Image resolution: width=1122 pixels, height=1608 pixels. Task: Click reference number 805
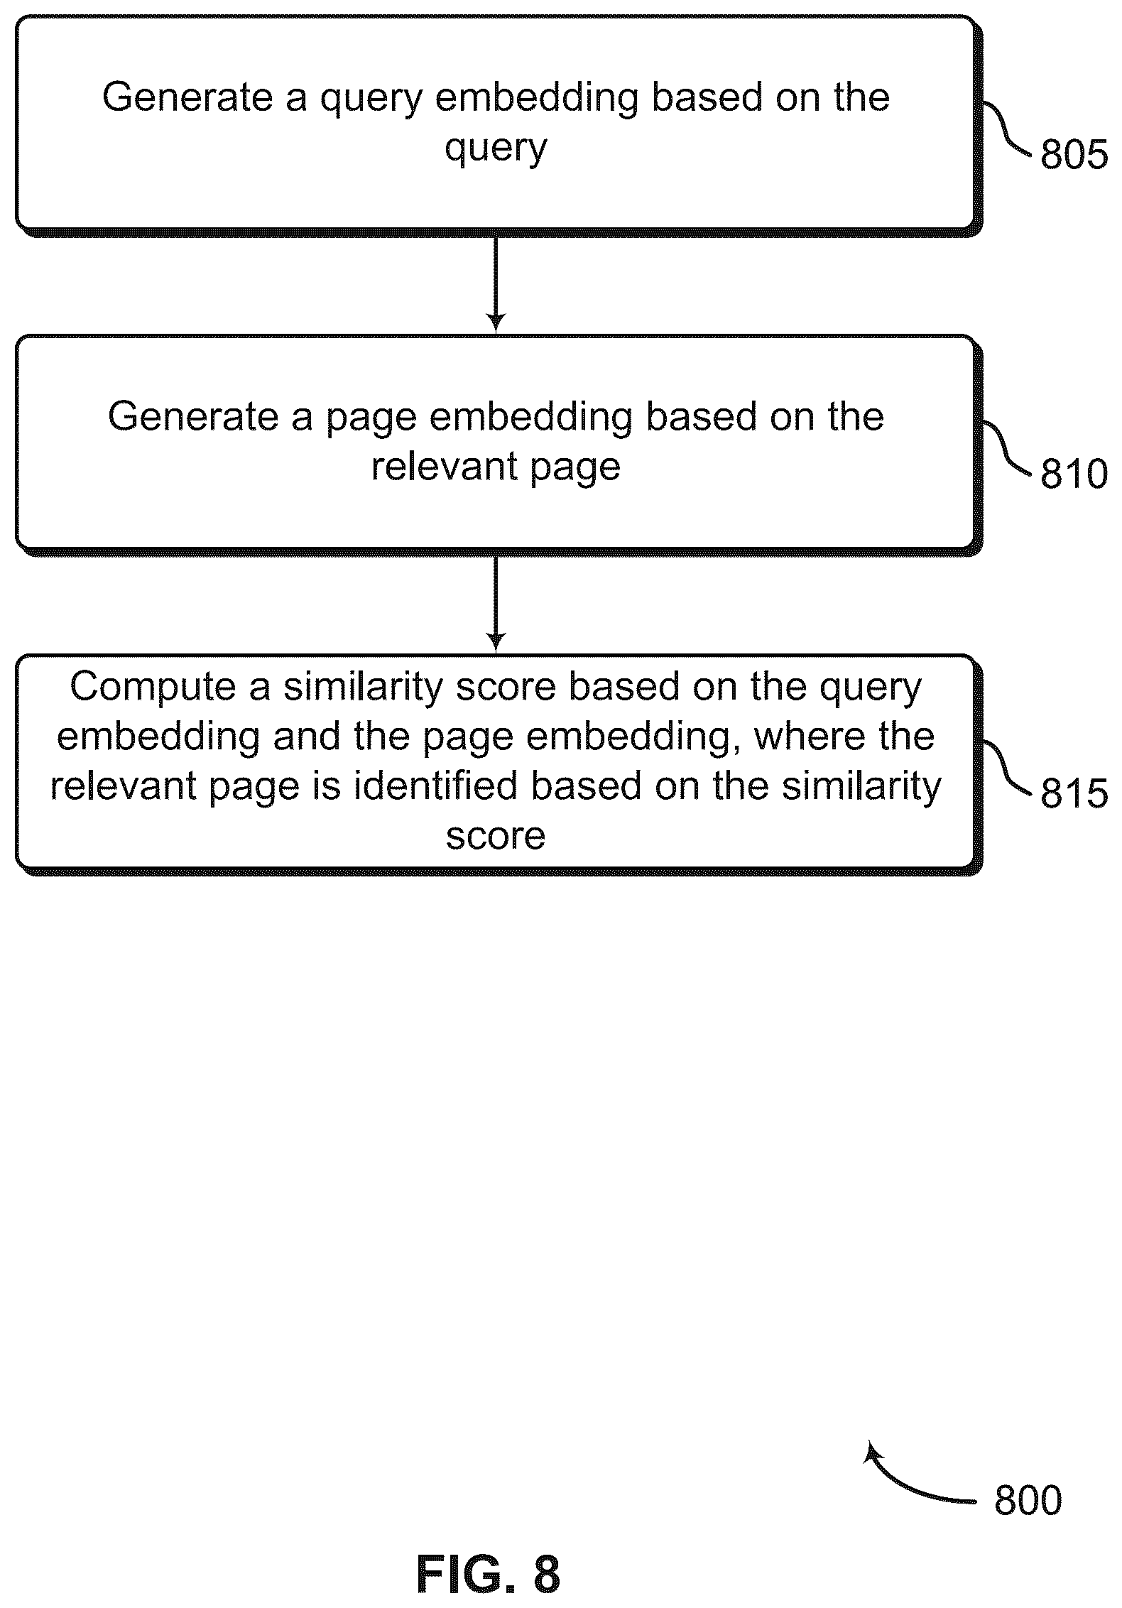click(x=1074, y=154)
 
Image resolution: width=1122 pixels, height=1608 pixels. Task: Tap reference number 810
click(x=1074, y=473)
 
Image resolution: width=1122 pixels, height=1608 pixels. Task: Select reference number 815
click(x=1074, y=793)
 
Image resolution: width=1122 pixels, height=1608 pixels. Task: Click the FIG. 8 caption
click(x=488, y=1574)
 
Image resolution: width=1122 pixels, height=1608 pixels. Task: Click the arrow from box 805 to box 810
click(x=496, y=284)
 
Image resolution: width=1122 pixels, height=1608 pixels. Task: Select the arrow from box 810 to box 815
click(x=496, y=604)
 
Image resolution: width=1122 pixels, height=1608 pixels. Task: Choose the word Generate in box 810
click(x=192, y=416)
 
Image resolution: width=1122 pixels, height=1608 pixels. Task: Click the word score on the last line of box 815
click(x=496, y=837)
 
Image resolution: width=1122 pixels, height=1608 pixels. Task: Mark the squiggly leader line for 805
click(x=1007, y=128)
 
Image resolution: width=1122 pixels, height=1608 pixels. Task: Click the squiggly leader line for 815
click(x=1007, y=766)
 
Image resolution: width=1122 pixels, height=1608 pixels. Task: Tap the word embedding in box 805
click(x=536, y=98)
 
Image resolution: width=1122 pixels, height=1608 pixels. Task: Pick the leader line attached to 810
click(x=1007, y=447)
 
